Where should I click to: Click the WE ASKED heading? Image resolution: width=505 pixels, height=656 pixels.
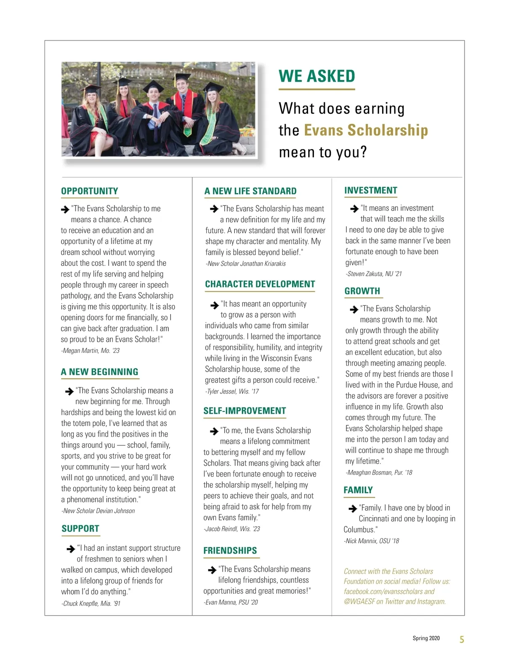(x=316, y=76)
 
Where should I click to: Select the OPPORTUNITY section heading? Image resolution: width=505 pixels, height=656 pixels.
(x=90, y=191)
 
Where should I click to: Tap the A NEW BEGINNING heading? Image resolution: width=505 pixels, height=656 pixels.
(x=100, y=372)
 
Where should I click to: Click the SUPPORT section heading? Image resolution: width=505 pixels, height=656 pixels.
(x=80, y=528)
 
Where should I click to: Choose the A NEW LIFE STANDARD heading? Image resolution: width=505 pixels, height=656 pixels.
(x=250, y=191)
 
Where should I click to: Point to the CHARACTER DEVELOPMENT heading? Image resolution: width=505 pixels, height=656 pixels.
(x=260, y=284)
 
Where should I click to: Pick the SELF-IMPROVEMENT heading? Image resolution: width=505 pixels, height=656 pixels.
(x=245, y=411)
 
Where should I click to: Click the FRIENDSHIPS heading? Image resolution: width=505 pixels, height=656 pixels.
(x=230, y=551)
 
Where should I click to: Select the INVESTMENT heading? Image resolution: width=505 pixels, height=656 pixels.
(x=371, y=190)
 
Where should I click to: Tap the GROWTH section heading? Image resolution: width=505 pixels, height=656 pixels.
(x=362, y=291)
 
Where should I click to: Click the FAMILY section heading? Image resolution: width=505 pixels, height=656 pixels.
(x=358, y=490)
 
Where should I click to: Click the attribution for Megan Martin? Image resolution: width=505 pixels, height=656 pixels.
(x=90, y=351)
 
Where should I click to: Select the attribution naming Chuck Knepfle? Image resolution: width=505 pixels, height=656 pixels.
(x=91, y=604)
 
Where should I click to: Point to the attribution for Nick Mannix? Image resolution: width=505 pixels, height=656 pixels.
(x=371, y=541)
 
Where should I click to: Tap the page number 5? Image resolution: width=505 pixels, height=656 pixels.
(x=462, y=640)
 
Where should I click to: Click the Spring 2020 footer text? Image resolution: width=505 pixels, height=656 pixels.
(x=426, y=638)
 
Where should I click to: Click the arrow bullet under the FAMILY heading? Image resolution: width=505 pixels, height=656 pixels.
(x=353, y=509)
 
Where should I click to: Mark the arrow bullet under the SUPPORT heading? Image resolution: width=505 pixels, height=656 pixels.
(x=71, y=549)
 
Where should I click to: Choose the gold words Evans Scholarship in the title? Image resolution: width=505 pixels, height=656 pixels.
(x=366, y=130)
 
